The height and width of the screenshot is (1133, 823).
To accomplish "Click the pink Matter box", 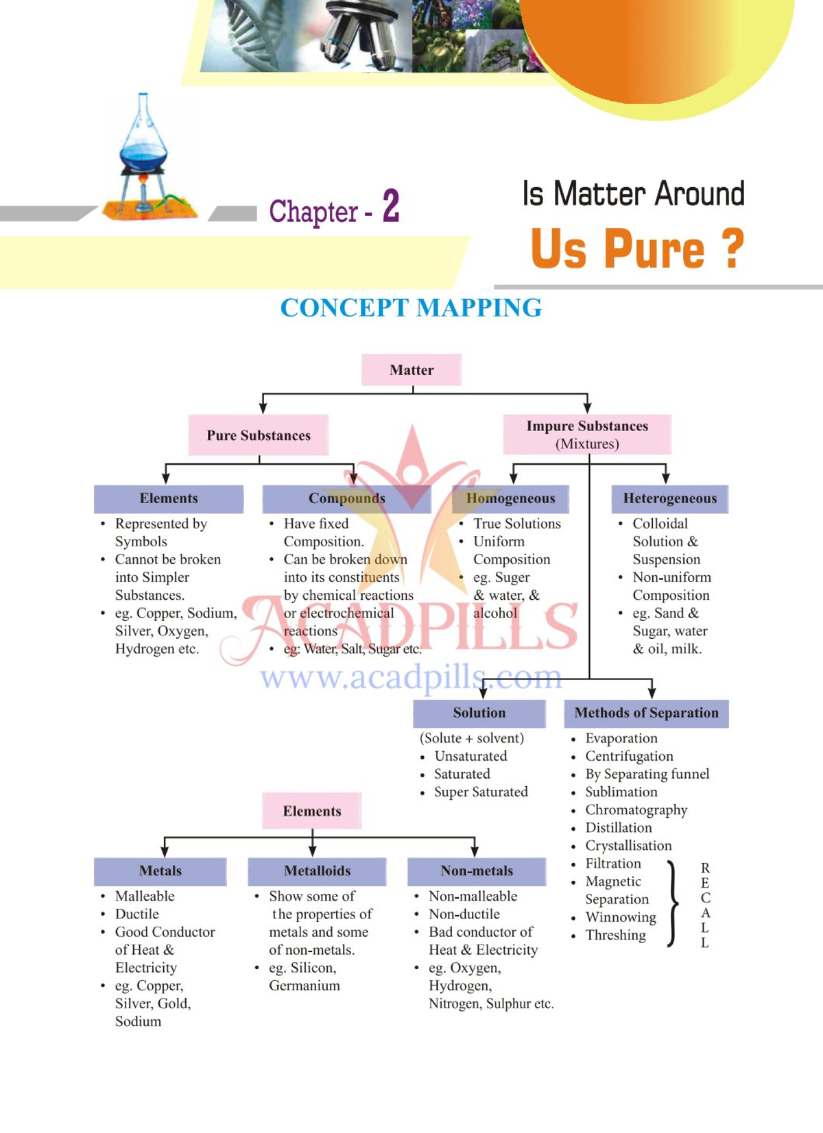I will pos(411,369).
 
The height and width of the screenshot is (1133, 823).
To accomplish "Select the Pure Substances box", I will pos(259,435).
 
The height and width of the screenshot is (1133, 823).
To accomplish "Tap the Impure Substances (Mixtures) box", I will pos(587,435).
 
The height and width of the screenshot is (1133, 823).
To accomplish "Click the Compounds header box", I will pos(346,498).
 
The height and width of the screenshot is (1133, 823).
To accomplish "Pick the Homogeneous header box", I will pos(510,498).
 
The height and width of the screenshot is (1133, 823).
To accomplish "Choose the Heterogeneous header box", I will pos(669,498).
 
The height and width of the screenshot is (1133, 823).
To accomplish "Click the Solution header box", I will pos(479,713).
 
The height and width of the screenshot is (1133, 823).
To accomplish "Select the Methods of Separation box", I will pos(646,713).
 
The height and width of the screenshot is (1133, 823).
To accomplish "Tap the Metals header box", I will pos(160,871).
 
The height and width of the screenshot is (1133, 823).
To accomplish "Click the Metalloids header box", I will pos(317,871).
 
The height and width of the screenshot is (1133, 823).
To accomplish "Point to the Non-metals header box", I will pos(477,871).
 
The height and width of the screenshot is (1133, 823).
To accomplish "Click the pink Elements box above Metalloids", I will pos(312,811).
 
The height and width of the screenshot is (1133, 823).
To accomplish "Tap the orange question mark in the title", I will pos(733,248).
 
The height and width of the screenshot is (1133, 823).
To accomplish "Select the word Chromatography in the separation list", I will pos(636,810).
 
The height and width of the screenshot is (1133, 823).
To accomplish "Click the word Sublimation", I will pos(621,792).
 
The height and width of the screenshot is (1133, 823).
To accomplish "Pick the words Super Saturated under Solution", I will pos(481,792).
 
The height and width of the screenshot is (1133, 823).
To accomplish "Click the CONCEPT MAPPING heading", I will pos(411,308).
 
